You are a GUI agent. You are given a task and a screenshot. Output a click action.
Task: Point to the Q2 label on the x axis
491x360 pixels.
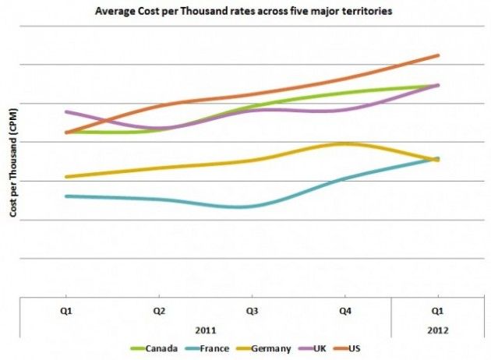point(159,309)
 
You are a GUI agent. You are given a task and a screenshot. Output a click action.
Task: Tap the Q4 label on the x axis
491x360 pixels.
point(344,309)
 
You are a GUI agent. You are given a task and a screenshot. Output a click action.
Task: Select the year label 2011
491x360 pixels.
point(206,330)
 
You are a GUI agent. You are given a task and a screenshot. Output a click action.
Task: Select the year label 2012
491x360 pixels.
point(437,330)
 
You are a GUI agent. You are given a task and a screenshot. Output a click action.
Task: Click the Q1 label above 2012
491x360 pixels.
point(437,309)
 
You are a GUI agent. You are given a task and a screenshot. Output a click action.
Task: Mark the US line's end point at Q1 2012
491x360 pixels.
point(438,55)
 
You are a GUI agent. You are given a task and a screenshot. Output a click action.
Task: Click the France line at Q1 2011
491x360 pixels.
point(67,196)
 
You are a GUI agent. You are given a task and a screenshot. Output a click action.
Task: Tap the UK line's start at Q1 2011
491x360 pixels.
point(67,111)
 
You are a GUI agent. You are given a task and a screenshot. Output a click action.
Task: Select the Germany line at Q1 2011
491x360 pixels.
point(67,177)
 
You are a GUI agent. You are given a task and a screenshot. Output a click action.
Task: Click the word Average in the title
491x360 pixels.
point(114,12)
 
